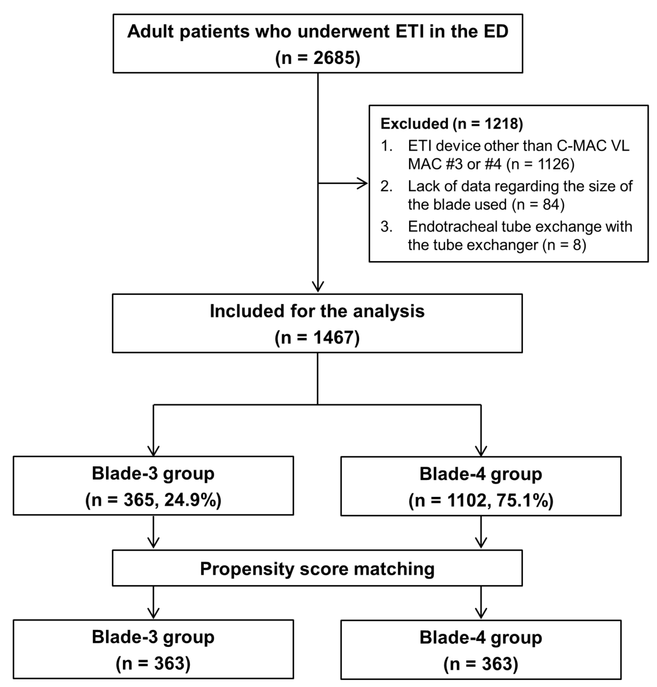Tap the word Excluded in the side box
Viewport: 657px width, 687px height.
pos(414,124)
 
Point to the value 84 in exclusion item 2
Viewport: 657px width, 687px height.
pos(551,204)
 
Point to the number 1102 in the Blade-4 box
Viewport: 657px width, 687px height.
pos(466,500)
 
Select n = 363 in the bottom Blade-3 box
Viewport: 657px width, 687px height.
pos(153,663)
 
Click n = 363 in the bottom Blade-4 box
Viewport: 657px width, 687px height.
pos(481,664)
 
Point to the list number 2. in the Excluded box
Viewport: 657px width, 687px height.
pos(387,186)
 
